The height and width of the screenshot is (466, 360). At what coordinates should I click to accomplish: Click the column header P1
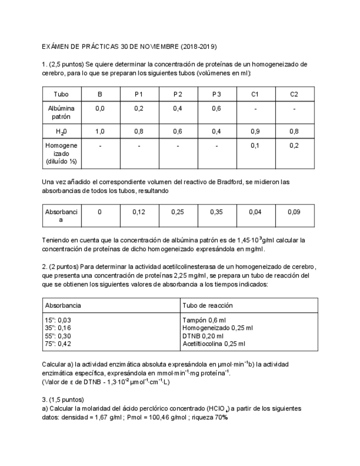[139, 95]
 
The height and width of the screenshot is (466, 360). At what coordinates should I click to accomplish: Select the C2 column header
[294, 95]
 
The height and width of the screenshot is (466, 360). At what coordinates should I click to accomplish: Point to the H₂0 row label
[61, 132]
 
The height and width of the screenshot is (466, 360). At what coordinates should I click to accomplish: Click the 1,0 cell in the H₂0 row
[100, 131]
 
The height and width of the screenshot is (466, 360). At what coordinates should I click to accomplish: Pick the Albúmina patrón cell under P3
[217, 109]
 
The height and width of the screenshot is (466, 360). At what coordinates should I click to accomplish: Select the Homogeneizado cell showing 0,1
[255, 146]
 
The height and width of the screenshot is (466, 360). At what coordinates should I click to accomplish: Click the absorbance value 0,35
[217, 212]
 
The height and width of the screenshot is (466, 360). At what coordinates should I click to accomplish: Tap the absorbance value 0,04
[255, 212]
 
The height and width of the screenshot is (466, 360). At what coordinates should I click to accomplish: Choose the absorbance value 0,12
[139, 212]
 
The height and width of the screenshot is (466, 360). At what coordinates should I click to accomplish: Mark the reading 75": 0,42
[57, 343]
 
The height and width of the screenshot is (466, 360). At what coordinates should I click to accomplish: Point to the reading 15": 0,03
[57, 320]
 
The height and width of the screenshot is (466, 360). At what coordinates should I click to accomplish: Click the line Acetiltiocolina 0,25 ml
[213, 343]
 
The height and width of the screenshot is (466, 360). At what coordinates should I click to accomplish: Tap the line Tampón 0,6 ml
[203, 320]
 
